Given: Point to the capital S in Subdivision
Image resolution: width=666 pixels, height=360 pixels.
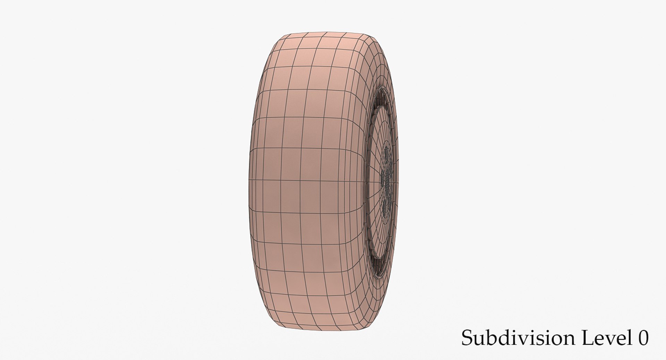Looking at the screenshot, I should point(467,338).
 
